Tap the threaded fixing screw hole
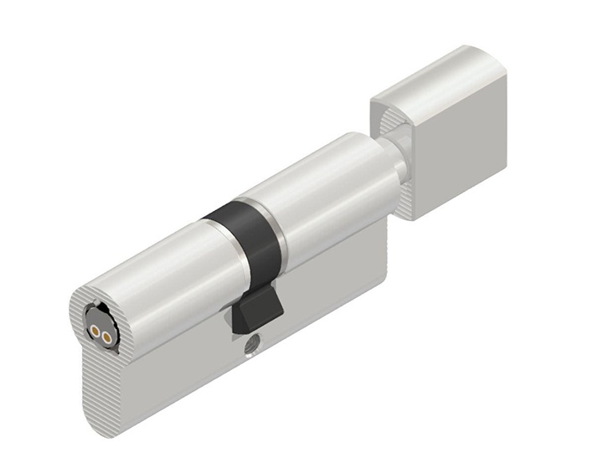click(x=251, y=342)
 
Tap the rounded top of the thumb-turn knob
click(x=435, y=71)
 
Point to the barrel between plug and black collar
click(x=159, y=268)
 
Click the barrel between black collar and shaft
click(x=327, y=193)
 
